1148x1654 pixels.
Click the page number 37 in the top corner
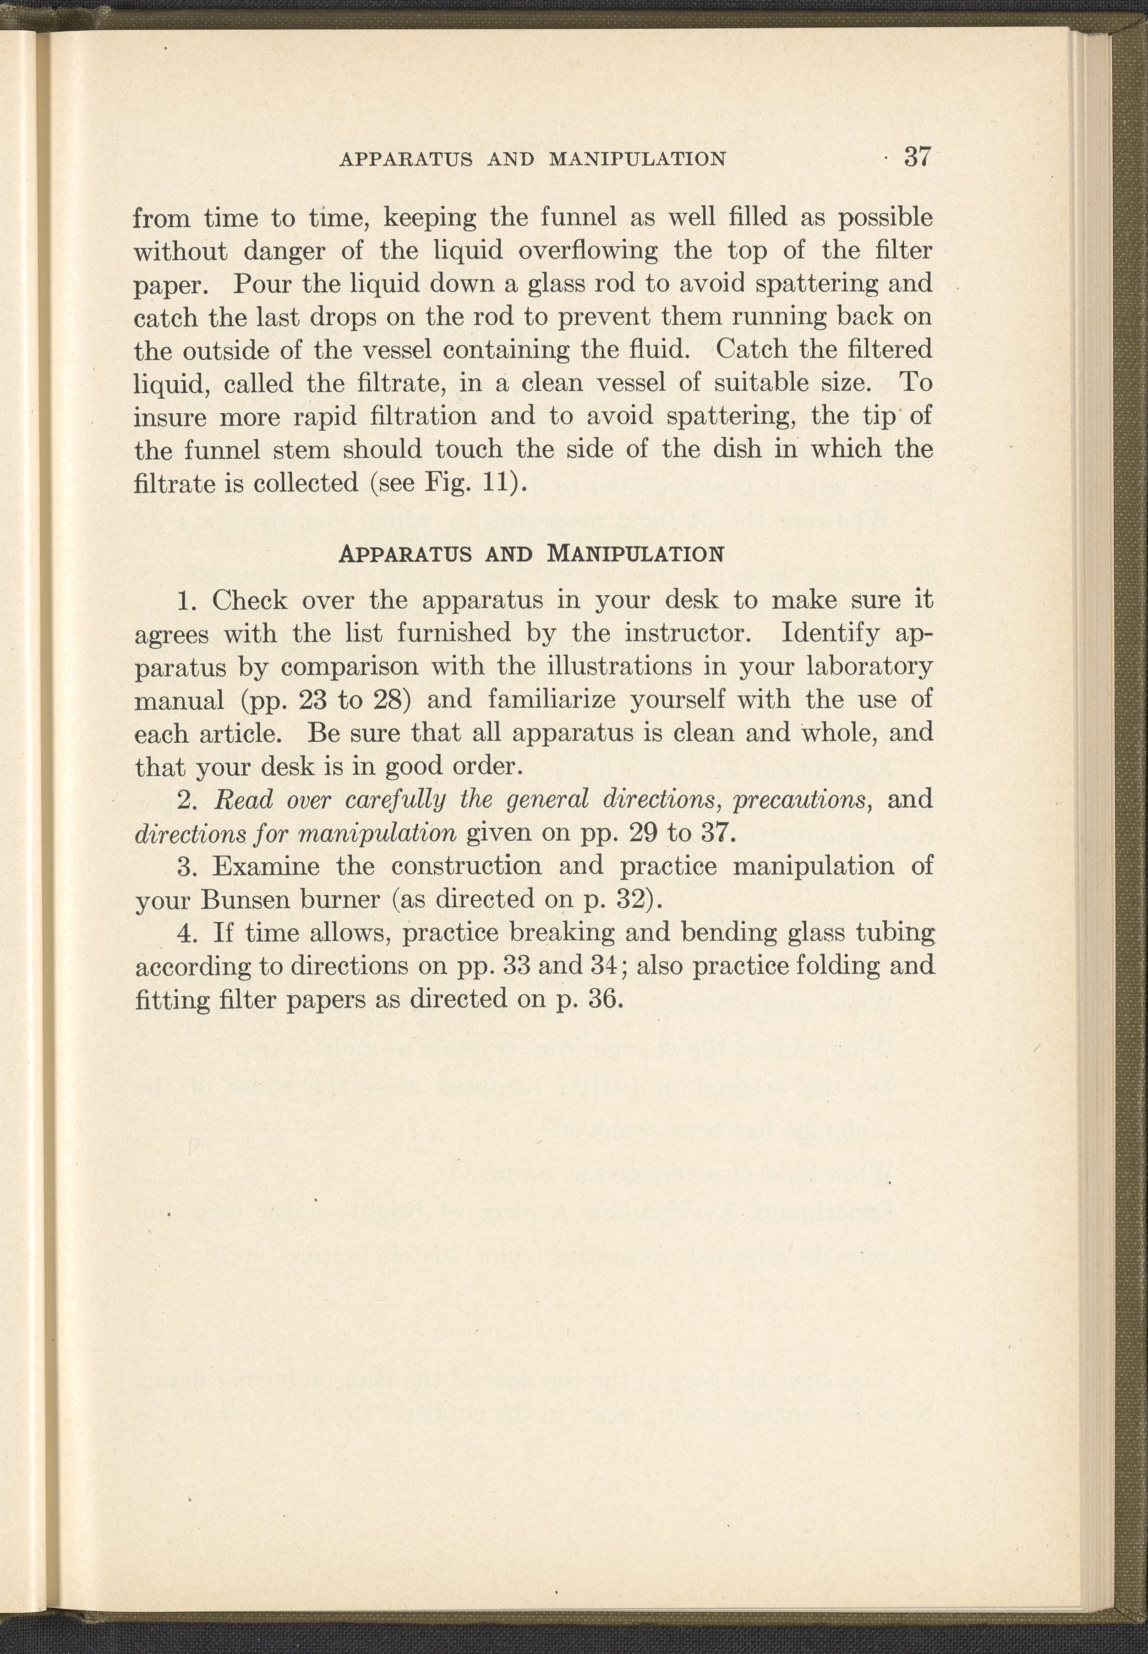pos(918,157)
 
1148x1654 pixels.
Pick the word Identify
pos(831,633)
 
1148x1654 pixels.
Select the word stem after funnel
pos(295,449)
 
